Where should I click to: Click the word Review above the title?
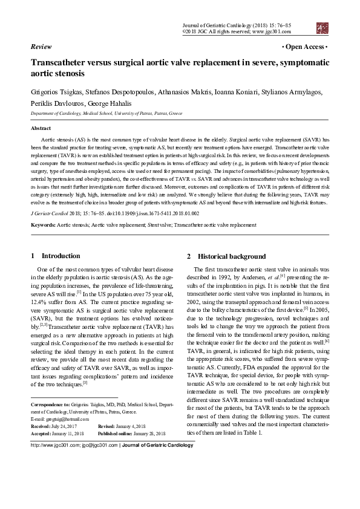[x=41, y=46]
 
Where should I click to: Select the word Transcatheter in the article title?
[x=60, y=62]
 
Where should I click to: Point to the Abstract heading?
[x=41, y=129]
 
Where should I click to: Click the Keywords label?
[x=44, y=225]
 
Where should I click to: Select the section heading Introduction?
[x=61, y=256]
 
